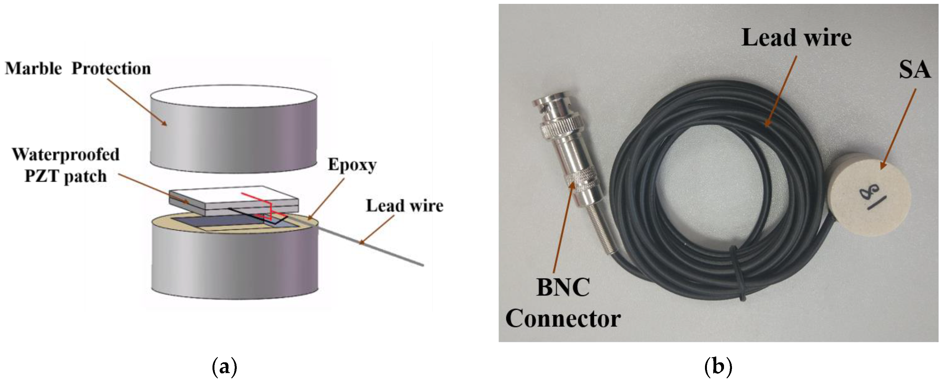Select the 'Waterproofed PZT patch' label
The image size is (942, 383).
[x=66, y=165]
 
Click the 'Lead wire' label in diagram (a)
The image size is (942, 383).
[x=405, y=206]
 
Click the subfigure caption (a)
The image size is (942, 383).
[x=225, y=367]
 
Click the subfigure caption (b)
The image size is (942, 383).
[x=718, y=367]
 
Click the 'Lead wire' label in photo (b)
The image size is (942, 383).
[x=796, y=38]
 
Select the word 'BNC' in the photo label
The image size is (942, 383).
[x=563, y=288]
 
